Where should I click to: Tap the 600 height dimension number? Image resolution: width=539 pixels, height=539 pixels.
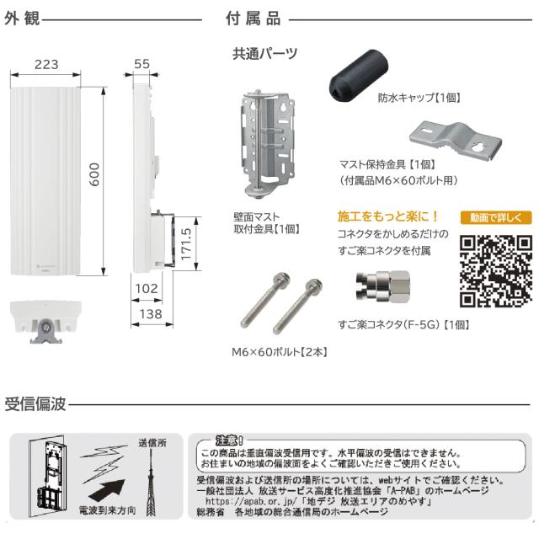coord(95,173)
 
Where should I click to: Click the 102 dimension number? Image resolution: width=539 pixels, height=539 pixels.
coord(147,288)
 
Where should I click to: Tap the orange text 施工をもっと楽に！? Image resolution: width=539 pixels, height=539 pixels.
coord(388,216)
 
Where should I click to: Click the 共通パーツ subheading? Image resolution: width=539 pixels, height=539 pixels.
coord(264,54)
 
